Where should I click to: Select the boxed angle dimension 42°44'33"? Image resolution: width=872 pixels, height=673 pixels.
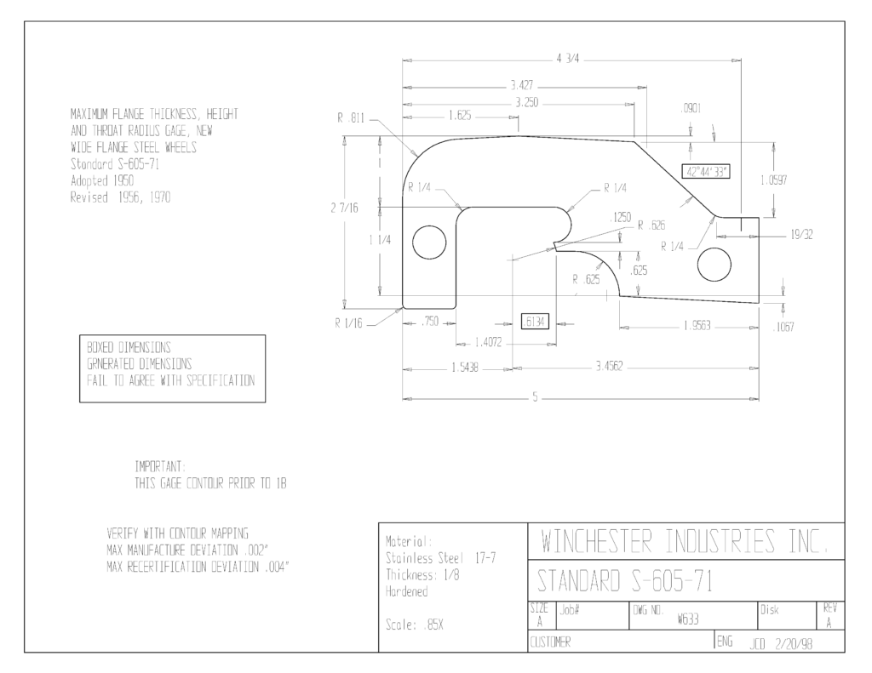pos(706,171)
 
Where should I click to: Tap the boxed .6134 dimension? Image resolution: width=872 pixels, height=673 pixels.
pos(535,322)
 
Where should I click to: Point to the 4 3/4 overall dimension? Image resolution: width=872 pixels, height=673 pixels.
pos(568,59)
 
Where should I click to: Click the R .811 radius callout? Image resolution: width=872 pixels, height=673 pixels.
pos(350,118)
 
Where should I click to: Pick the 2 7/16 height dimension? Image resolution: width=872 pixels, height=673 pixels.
pos(345,208)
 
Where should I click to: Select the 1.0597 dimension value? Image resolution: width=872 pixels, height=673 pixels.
pos(773,180)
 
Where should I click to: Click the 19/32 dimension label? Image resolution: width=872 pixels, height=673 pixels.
pos(801,235)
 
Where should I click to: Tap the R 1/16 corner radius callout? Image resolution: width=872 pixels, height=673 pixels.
pos(348,323)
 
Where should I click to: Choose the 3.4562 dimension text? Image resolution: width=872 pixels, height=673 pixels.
pos(610,366)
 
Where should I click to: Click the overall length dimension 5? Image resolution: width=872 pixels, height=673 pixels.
pos(535,397)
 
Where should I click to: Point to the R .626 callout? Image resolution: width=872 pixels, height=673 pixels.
pos(651,225)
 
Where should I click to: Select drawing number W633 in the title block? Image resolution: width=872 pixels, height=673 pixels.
pos(688,619)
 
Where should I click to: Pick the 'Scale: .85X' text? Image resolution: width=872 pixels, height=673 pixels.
pos(415,625)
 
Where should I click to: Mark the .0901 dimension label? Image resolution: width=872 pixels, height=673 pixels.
pos(691,108)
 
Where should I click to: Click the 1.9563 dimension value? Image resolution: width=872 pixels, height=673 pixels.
pos(697,326)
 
